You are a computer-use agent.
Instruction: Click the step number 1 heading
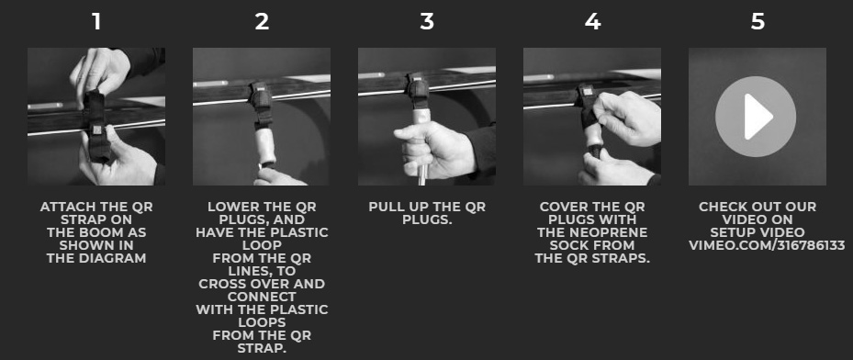96,22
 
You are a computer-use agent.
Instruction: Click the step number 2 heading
262,22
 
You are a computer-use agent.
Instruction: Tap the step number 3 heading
427,22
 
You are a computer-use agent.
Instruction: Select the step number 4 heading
592,22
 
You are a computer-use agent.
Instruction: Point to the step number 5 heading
758,22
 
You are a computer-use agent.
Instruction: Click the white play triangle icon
758,117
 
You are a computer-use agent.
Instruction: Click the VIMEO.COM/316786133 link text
767,245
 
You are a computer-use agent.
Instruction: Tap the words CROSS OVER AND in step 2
262,284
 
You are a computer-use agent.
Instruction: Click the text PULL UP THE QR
427,207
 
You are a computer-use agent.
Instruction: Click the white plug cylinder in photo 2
265,146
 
